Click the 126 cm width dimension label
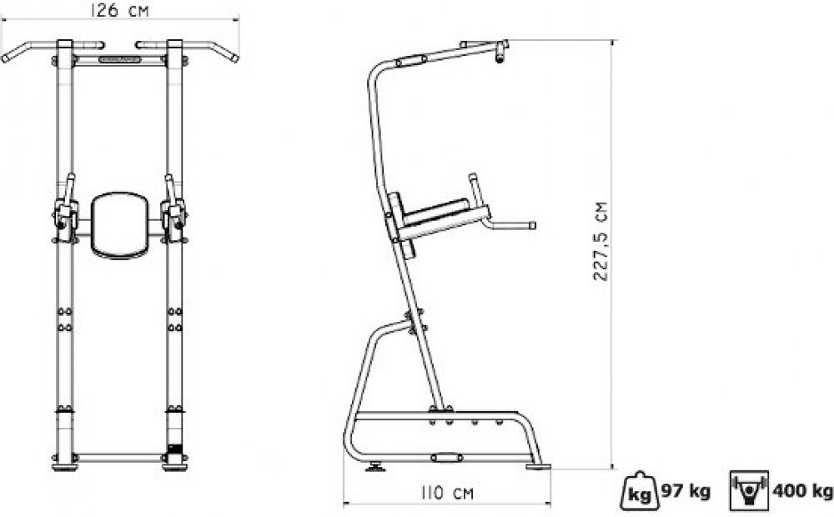tap(119, 10)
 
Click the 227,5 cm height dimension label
tap(600, 241)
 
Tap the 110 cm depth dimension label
tap(447, 493)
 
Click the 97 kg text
tap(686, 491)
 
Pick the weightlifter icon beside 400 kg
tap(750, 490)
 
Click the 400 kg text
tap(802, 490)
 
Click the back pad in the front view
tap(119, 225)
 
